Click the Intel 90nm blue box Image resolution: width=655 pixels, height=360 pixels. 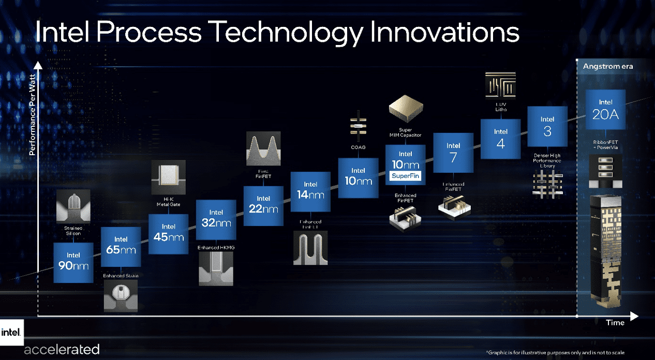[73, 262]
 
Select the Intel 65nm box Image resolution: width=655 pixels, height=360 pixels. [121, 246]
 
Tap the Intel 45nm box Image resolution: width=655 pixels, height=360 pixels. [169, 233]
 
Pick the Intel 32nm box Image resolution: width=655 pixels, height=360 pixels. [216, 219]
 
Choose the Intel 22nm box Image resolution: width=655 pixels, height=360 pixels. [263, 205]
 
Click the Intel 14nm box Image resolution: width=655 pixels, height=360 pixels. [310, 191]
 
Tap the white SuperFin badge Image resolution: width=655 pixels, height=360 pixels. [405, 176]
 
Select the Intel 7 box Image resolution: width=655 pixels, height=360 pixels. [453, 153]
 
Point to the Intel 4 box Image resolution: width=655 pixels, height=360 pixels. [500, 139]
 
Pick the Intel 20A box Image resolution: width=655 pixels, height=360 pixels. [605, 110]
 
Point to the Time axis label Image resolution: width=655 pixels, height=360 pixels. [615, 323]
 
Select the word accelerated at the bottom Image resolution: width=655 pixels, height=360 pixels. [62, 349]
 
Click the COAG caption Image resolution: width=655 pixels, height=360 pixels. [358, 147]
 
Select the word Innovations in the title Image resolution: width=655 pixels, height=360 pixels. [444, 33]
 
